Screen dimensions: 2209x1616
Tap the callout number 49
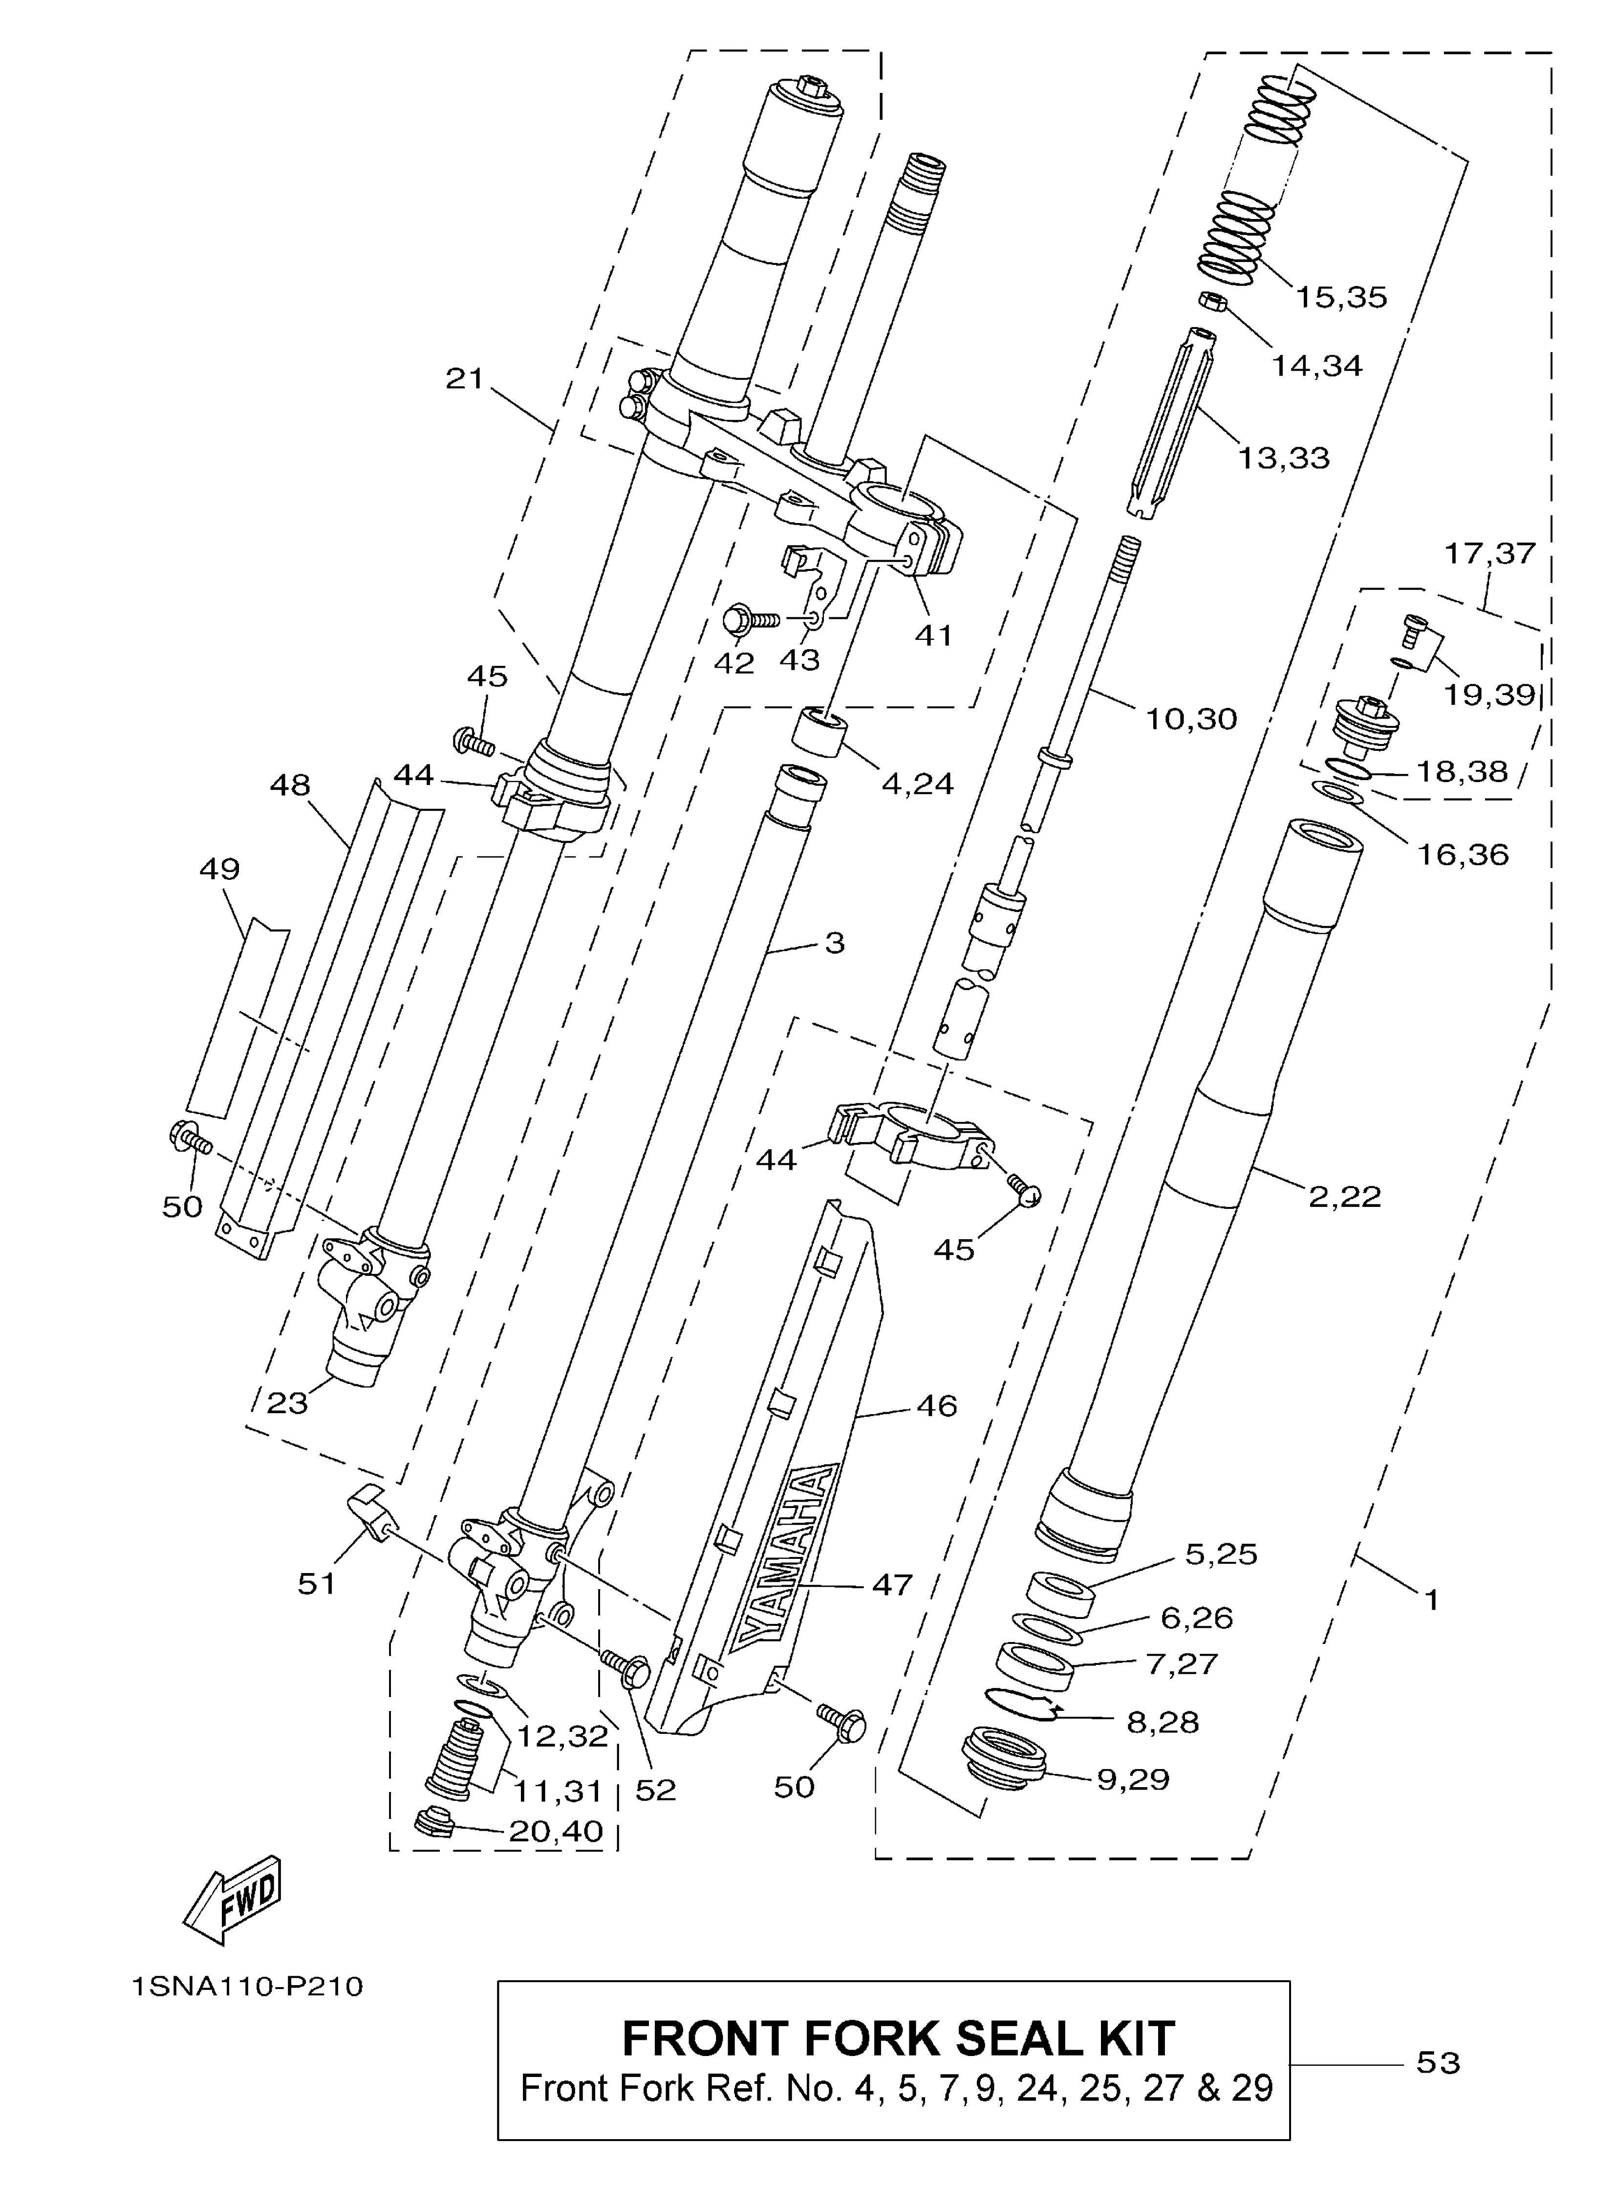pyautogui.click(x=219, y=869)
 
